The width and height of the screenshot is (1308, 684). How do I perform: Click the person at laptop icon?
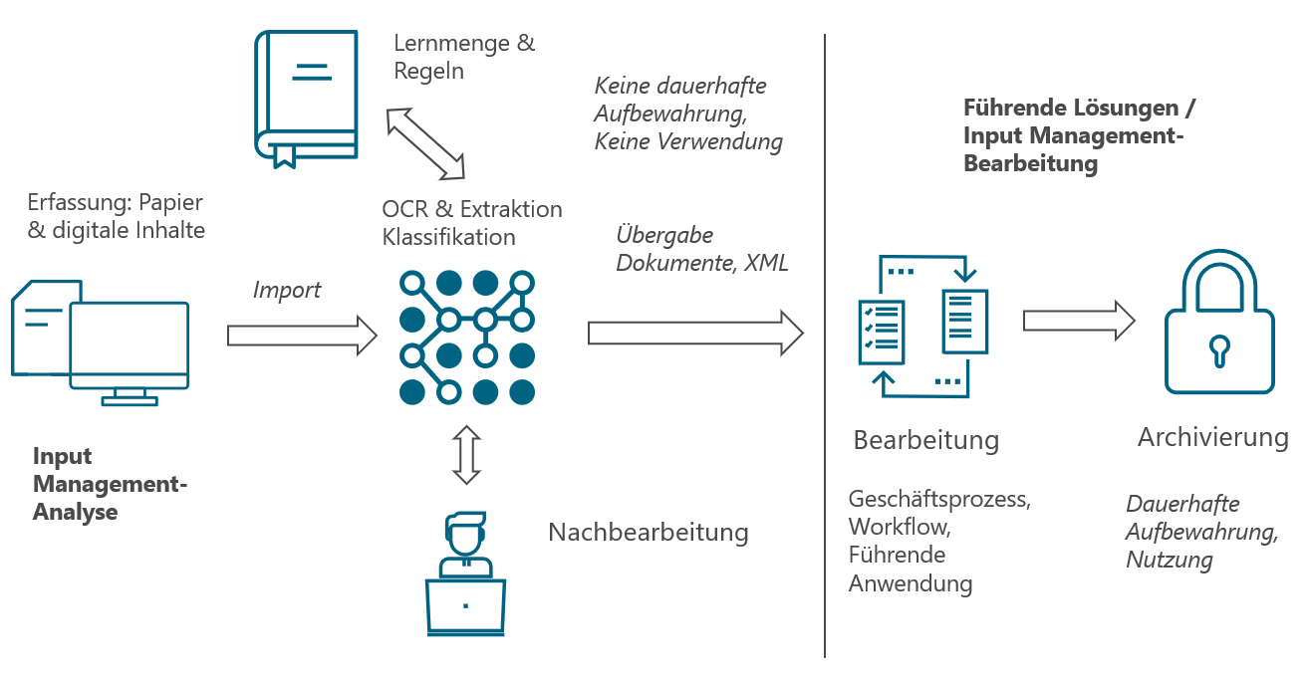tap(465, 574)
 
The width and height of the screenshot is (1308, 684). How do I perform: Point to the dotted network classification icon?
tap(467, 338)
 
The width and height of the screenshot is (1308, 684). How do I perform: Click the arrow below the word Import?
tap(302, 336)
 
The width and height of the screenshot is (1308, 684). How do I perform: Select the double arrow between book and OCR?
tap(425, 144)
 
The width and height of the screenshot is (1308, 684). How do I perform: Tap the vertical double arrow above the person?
tap(466, 455)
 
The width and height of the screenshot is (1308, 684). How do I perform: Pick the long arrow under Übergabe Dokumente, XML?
tap(695, 333)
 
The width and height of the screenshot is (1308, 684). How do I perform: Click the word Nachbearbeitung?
tap(648, 532)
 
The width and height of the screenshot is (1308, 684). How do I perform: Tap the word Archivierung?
tap(1212, 437)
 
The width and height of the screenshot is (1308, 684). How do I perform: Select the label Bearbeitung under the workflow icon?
tap(925, 440)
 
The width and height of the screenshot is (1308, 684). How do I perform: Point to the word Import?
tap(287, 290)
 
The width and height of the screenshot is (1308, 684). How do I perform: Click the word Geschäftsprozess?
tap(938, 499)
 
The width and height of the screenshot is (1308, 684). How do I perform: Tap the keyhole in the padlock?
tap(1219, 350)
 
